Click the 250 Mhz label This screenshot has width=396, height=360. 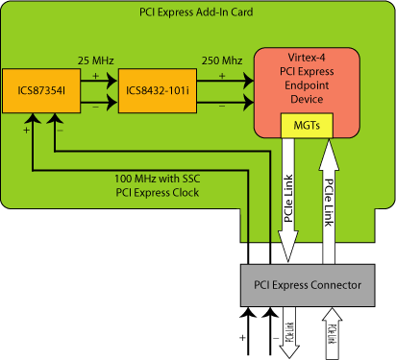pyautogui.click(x=220, y=61)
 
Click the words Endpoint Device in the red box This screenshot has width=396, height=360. pyautogui.click(x=306, y=92)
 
